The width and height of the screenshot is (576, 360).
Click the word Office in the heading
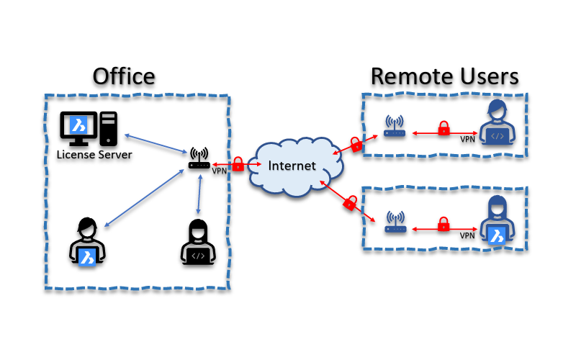124,76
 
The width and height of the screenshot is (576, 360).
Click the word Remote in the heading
409,76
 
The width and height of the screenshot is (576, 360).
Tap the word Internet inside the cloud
292,166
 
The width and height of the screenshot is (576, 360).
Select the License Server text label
94,154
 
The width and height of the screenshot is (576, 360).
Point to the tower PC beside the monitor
109,128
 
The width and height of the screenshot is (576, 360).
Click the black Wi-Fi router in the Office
199,159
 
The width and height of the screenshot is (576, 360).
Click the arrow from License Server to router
155,145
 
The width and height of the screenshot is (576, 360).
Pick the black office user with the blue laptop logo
88,241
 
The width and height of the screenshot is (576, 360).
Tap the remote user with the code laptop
497,123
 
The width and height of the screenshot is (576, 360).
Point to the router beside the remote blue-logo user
395,222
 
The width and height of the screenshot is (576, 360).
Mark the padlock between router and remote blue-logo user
444,223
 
